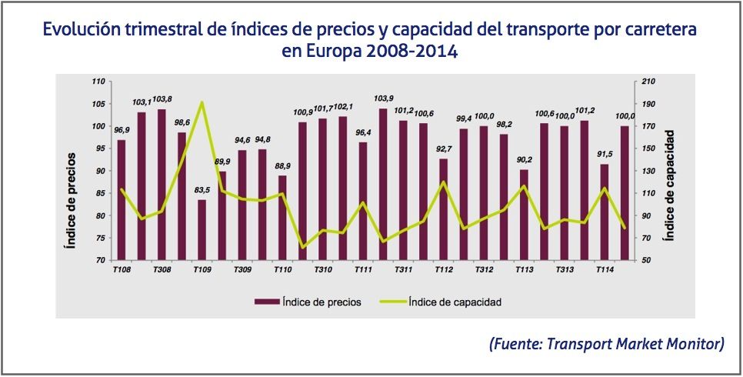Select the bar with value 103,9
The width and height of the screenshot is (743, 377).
(383, 185)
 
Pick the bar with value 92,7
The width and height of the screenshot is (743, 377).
(443, 209)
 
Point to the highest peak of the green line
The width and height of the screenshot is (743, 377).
(202, 102)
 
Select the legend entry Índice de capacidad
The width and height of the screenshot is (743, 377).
(446, 302)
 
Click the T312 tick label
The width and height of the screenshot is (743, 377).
(483, 270)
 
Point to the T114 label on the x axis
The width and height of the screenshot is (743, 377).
(604, 270)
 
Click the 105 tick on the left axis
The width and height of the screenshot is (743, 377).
(98, 104)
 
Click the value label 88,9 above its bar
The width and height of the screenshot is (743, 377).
(282, 166)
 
